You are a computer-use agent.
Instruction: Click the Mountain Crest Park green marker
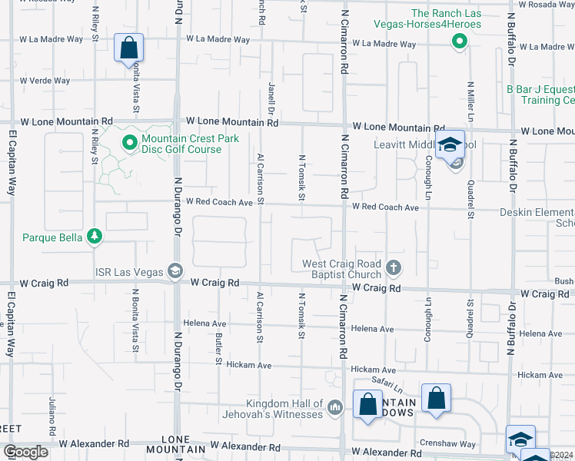click(x=130, y=143)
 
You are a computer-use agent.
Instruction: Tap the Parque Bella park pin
click(x=94, y=237)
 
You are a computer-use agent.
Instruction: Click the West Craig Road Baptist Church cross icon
click(x=394, y=268)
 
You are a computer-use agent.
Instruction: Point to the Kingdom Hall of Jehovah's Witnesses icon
click(x=334, y=407)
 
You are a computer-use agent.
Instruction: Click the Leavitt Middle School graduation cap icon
click(x=449, y=144)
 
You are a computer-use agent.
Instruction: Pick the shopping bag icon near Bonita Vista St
click(x=129, y=48)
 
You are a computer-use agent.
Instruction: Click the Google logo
click(x=25, y=452)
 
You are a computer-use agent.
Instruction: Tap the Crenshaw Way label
click(x=447, y=444)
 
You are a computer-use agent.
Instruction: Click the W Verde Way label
click(x=45, y=81)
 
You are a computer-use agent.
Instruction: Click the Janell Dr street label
click(x=271, y=99)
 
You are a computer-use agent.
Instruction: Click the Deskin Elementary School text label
click(x=536, y=217)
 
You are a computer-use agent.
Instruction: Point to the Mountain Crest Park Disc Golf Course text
click(x=191, y=144)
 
